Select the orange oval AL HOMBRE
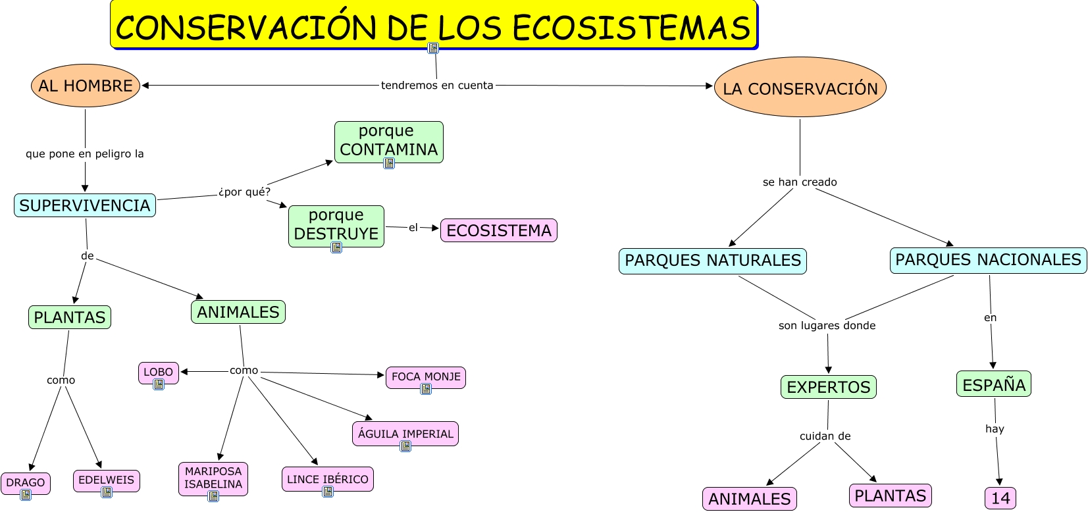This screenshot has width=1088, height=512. (x=85, y=86)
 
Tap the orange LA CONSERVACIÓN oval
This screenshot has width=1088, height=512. (x=800, y=88)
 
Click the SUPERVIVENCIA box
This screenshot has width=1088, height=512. (x=85, y=205)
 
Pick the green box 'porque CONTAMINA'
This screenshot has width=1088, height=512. (x=388, y=141)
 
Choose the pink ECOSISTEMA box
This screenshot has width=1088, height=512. (x=498, y=230)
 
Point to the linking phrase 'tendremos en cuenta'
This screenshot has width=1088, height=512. (x=437, y=85)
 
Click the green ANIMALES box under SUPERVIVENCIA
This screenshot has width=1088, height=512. (x=238, y=312)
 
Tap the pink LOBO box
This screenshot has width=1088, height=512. (x=159, y=372)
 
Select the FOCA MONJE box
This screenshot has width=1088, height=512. (x=426, y=376)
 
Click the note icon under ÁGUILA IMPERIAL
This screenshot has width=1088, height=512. (x=405, y=446)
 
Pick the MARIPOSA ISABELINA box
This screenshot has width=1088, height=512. (x=213, y=478)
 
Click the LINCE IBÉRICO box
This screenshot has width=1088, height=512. (x=328, y=478)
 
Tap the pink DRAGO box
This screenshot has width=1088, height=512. (x=26, y=482)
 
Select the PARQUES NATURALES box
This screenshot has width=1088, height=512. (x=712, y=261)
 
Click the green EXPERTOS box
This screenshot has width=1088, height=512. (x=828, y=387)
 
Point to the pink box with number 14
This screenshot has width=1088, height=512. (x=1000, y=498)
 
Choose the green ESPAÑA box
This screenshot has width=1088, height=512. (x=993, y=384)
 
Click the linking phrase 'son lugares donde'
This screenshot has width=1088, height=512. (x=827, y=325)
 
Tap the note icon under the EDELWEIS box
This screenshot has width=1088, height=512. (x=107, y=492)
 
